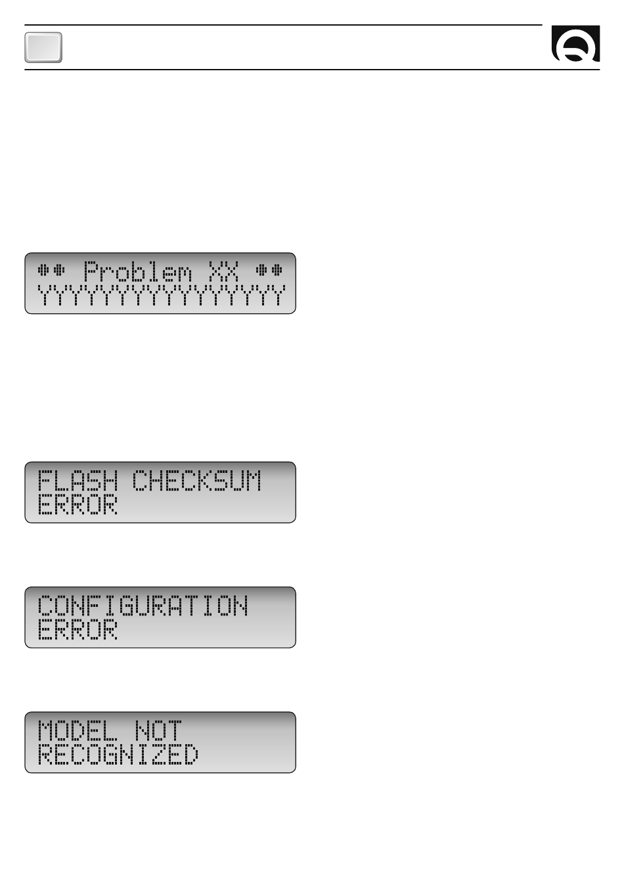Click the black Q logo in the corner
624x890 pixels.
click(x=575, y=43)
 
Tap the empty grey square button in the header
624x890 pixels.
click(x=43, y=48)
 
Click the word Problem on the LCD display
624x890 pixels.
click(x=137, y=271)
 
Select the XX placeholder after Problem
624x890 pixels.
click(x=223, y=271)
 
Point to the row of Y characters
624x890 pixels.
click(x=161, y=295)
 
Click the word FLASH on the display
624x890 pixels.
click(x=78, y=480)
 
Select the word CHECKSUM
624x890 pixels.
click(x=196, y=480)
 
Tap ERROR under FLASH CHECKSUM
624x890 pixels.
click(x=78, y=504)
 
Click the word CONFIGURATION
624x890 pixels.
click(x=143, y=606)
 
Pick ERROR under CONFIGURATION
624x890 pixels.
click(x=78, y=629)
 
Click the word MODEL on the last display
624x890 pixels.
click(x=78, y=730)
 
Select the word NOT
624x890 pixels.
click(x=158, y=730)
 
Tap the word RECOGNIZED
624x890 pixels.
click(x=118, y=754)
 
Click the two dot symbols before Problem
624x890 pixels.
click(x=51, y=270)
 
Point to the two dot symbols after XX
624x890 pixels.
click(x=269, y=270)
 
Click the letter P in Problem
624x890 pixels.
click(x=91, y=271)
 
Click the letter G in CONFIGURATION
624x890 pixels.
click(x=127, y=606)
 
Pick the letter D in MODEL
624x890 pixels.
click(x=78, y=730)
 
